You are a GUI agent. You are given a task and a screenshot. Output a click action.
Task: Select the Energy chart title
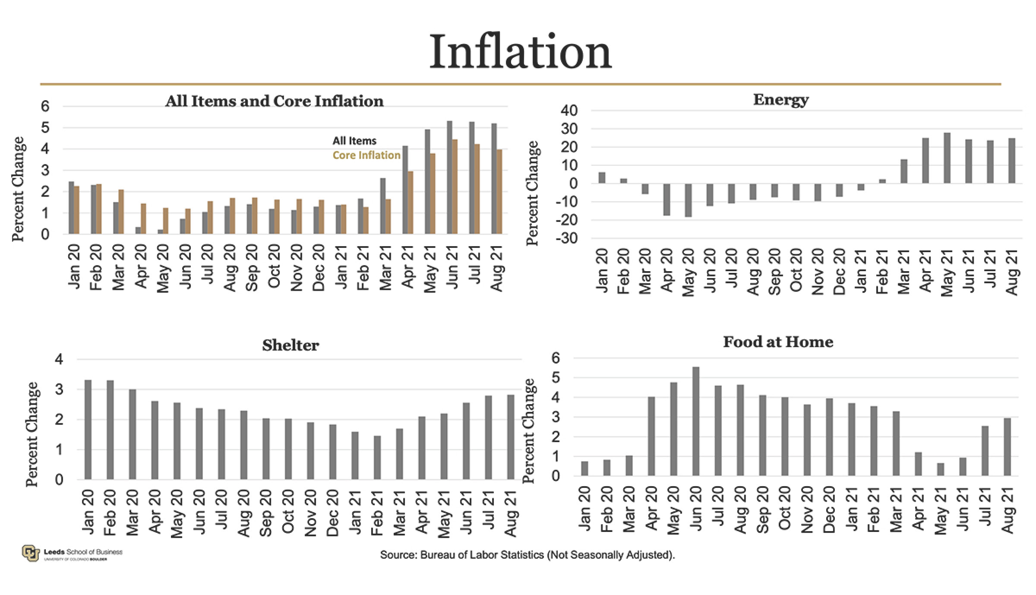point(780,100)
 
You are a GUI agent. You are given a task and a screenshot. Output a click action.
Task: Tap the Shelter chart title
point(291,345)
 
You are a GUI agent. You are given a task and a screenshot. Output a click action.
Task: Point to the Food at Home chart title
point(778,342)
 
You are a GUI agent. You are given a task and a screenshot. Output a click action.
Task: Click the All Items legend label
point(354,141)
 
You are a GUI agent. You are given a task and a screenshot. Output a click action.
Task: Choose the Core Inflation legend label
point(366,155)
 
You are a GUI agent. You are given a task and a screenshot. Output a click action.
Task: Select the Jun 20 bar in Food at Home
point(696,421)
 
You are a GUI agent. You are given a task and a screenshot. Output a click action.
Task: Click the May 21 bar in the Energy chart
point(947,158)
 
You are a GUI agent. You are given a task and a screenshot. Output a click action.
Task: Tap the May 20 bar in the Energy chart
point(688,200)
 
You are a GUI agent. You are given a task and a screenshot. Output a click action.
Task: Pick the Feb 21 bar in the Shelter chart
point(377,458)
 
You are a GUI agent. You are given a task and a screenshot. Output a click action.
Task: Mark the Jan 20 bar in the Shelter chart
point(88,430)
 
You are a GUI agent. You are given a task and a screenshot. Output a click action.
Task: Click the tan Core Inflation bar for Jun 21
point(455,187)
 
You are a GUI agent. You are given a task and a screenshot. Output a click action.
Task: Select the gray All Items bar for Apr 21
point(405,190)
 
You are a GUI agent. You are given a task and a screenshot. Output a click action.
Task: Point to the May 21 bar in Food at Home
point(941,469)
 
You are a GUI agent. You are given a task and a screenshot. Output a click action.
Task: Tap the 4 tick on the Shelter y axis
point(59,359)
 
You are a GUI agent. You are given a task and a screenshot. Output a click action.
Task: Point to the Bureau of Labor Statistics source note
point(527,555)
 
